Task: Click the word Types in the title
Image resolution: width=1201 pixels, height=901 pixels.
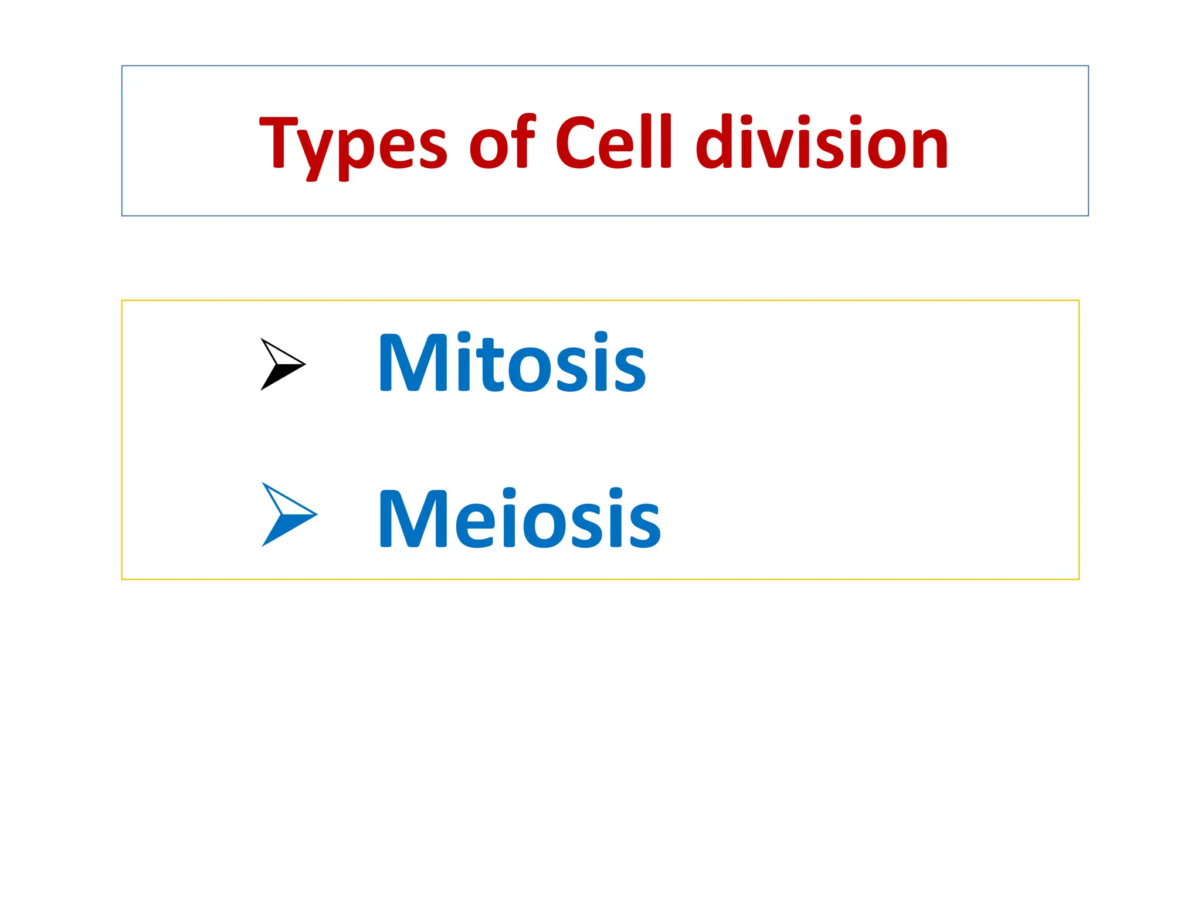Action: [353, 144]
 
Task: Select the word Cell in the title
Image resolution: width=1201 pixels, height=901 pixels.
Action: [613, 141]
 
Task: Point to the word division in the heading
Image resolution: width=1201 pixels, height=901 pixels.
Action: [821, 141]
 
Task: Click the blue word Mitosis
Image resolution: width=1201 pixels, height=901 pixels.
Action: [512, 363]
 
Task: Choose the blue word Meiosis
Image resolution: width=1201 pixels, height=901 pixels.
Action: [520, 519]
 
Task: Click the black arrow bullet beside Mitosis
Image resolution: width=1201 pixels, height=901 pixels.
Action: [282, 364]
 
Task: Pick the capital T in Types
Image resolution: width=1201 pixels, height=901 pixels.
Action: [279, 141]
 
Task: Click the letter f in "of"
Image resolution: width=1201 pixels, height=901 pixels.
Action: [524, 141]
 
